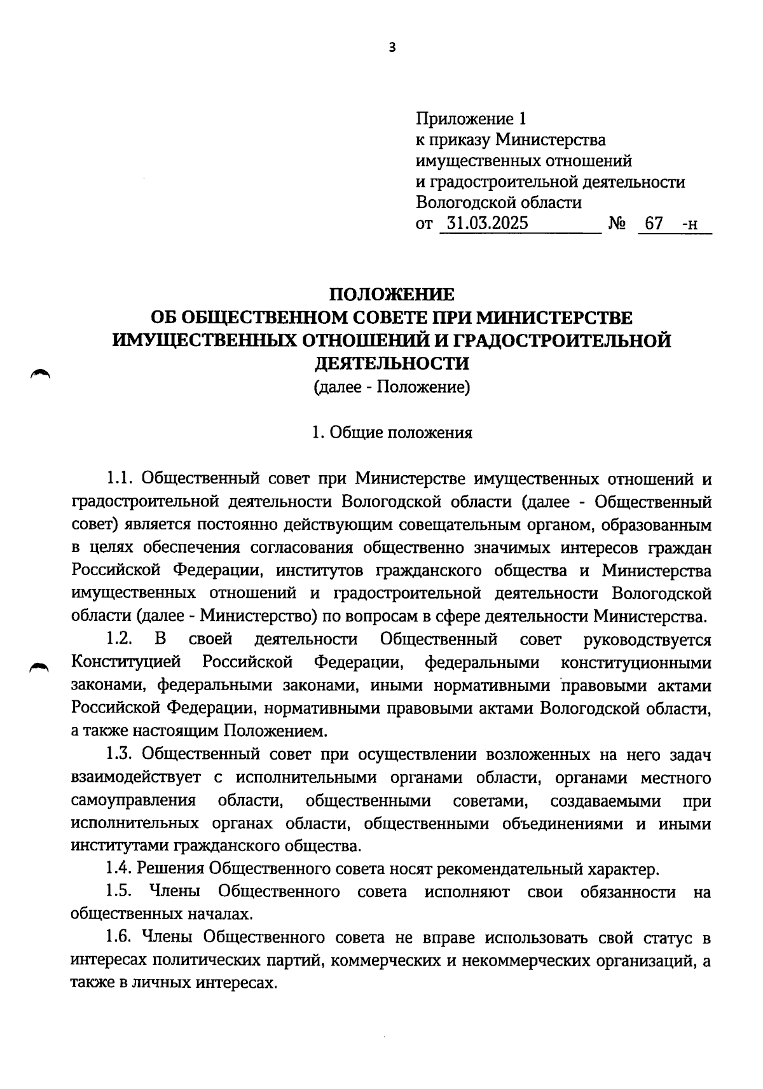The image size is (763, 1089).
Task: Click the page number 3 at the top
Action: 391,47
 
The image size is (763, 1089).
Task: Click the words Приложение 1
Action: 471,118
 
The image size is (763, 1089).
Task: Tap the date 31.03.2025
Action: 487,224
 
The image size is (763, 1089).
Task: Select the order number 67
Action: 654,224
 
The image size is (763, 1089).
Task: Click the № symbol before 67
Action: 617,224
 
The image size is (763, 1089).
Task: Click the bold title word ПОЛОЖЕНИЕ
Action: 391,295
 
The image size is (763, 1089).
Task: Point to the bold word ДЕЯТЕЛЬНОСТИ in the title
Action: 392,363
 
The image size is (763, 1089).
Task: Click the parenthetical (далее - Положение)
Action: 392,387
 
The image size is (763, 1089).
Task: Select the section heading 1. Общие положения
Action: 392,433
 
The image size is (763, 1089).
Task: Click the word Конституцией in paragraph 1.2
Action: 127,662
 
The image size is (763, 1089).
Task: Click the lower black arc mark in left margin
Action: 39,666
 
